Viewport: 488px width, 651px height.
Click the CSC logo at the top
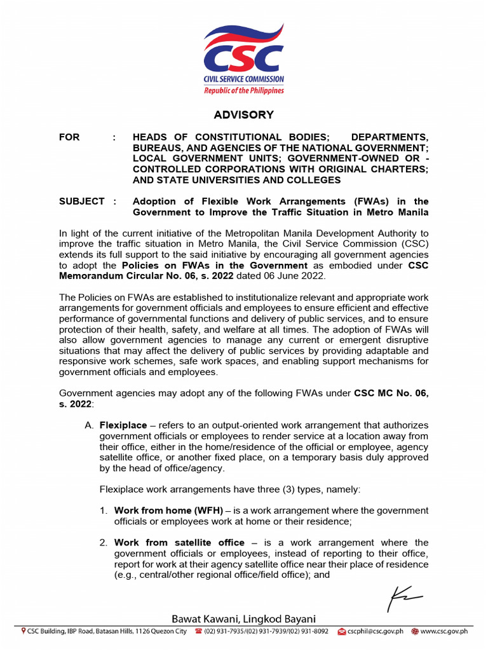243,57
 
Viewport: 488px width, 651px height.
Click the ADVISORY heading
243,115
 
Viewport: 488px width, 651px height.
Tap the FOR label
69,137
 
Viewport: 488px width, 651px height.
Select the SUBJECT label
82,202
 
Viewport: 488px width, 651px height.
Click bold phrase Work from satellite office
179,542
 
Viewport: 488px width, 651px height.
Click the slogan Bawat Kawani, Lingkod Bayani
243,619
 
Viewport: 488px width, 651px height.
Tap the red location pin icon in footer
24,631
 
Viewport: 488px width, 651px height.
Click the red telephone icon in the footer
198,631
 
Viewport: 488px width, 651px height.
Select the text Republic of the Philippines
243,90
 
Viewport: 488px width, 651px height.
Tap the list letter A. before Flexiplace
89,425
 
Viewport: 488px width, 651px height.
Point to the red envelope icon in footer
341,631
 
